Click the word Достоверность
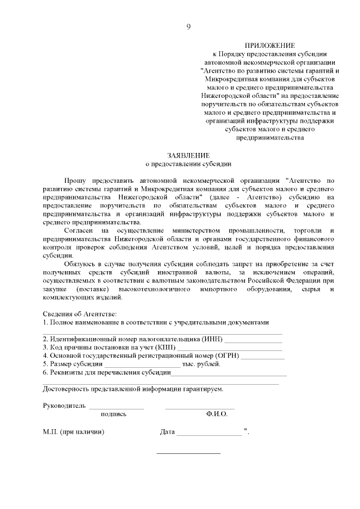pos(69,389)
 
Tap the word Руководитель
pos(64,406)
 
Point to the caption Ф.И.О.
pos(217,414)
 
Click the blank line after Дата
pos(208,433)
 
